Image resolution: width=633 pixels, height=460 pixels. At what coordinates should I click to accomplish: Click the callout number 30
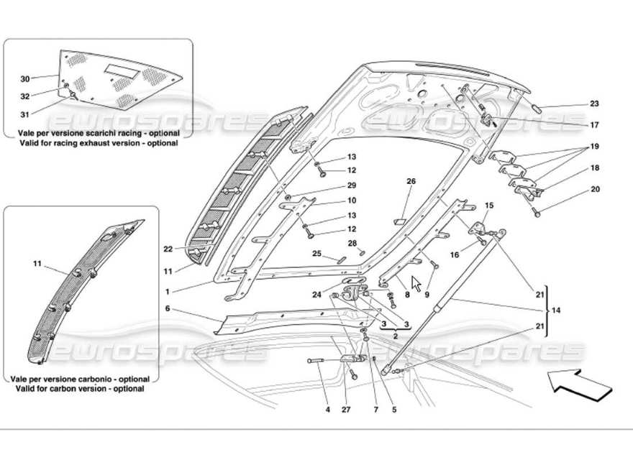pos(25,78)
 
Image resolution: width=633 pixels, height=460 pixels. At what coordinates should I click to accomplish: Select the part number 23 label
pos(594,103)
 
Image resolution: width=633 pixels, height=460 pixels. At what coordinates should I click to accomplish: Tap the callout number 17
pos(594,124)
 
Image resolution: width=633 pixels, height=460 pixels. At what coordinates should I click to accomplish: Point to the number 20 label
pos(594,190)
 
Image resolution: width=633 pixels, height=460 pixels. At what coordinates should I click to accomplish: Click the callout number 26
pos(411,181)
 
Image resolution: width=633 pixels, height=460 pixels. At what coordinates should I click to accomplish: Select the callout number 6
pos(168,308)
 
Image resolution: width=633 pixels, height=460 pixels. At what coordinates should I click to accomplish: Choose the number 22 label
pos(168,249)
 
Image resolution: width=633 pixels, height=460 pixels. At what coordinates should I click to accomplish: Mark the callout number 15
pos(488,206)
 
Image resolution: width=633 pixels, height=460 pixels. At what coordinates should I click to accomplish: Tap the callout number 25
pos(316,254)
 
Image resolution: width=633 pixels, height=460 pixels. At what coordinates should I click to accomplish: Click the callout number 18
pos(594,167)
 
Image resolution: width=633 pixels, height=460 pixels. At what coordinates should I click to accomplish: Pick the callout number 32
pos(25,96)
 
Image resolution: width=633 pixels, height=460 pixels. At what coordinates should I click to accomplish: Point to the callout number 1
pos(168,293)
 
